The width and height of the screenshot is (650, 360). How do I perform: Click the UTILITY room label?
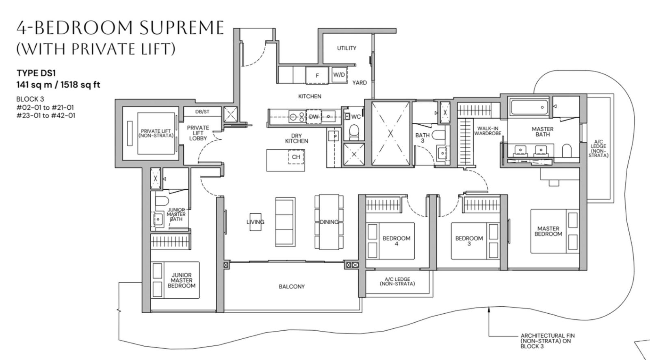tap(347, 48)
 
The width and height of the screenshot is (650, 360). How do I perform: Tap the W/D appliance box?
tap(339, 75)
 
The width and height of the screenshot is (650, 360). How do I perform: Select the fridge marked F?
tap(317, 76)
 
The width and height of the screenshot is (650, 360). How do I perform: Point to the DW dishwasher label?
tap(314, 117)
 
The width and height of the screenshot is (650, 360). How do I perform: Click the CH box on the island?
tap(296, 157)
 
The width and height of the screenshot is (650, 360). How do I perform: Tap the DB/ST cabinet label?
tap(202, 112)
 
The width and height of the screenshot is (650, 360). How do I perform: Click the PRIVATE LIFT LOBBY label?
tap(198, 133)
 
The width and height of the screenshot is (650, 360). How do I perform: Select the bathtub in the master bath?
tap(529, 107)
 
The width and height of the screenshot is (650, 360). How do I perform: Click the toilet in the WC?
tap(354, 132)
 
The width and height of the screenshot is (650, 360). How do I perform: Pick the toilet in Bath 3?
tap(438, 135)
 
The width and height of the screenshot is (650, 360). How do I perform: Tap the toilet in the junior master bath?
tap(162, 201)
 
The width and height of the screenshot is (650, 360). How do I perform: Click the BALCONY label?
tap(292, 286)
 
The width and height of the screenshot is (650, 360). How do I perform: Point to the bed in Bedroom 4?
tap(390, 241)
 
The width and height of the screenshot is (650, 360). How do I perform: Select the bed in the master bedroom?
tap(555, 231)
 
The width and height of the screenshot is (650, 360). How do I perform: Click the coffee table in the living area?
tap(256, 222)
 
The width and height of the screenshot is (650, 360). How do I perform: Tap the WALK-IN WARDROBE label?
tap(488, 131)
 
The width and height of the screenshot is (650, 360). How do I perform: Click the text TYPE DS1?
tap(36, 73)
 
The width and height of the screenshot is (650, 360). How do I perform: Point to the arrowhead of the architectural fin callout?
tap(489, 309)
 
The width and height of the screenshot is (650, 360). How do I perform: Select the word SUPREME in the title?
tap(182, 28)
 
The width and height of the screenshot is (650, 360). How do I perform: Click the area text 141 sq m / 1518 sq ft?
tap(58, 85)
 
